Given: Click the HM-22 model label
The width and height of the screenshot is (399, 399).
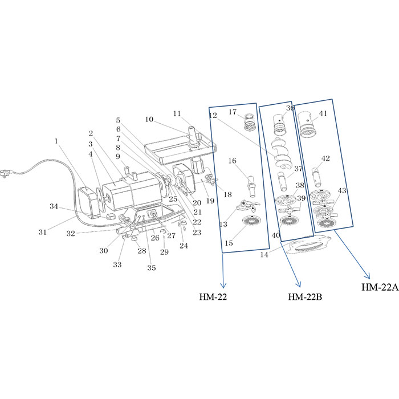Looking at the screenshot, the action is pyautogui.click(x=213, y=297).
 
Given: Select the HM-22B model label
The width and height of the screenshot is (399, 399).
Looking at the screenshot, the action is pyautogui.click(x=305, y=297).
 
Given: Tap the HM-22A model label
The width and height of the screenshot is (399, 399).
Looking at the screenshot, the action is pyautogui.click(x=380, y=287).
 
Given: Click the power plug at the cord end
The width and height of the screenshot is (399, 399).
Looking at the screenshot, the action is pyautogui.click(x=5, y=174).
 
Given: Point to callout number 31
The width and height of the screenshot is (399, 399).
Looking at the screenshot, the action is pyautogui.click(x=43, y=232).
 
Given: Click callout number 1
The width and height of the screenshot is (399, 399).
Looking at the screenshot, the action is pyautogui.click(x=56, y=141).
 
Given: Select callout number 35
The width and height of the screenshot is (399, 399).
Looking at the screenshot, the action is pyautogui.click(x=151, y=268).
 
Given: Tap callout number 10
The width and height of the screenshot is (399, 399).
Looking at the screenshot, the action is pyautogui.click(x=149, y=119).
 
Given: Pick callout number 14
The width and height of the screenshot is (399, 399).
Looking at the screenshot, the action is pyautogui.click(x=264, y=254).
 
